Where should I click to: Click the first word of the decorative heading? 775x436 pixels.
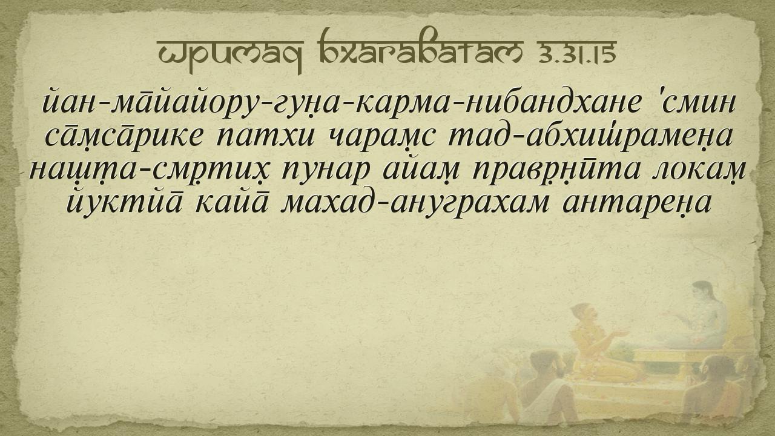click(x=230, y=54)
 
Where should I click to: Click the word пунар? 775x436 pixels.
click(x=323, y=171)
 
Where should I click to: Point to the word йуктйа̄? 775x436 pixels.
click(x=122, y=202)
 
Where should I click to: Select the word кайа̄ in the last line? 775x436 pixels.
click(x=231, y=202)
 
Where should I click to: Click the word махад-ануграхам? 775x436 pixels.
click(x=415, y=204)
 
